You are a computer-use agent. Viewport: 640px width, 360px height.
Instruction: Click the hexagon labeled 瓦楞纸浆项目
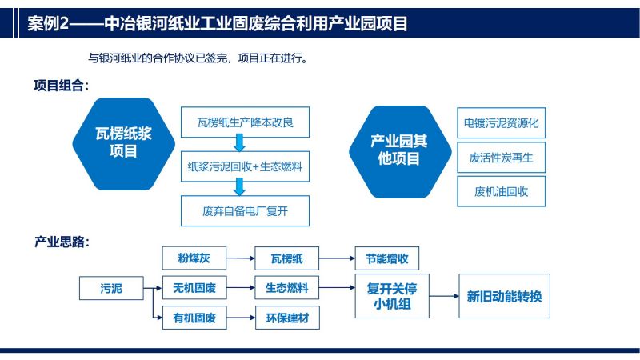tap(124, 144)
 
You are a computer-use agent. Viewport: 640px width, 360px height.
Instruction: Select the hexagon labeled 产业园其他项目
tap(400, 152)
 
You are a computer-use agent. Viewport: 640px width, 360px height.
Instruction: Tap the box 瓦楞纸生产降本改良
tap(245, 122)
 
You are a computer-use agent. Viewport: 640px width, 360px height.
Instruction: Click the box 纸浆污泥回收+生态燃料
tap(245, 166)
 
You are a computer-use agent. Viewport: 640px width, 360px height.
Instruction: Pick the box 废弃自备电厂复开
tap(245, 210)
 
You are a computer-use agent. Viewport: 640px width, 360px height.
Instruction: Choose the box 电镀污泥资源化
tap(502, 123)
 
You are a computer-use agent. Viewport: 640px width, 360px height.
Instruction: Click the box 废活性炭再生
tap(502, 158)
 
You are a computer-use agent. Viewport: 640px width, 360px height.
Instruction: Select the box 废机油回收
tap(502, 191)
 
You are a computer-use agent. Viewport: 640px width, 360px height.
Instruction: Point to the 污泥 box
tap(111, 288)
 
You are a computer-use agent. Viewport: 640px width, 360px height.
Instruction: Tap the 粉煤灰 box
tap(194, 258)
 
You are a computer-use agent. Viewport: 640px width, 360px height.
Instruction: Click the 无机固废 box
tap(194, 288)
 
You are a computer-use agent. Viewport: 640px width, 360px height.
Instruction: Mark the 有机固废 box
tap(194, 318)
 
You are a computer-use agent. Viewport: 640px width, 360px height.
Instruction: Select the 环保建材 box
tap(287, 318)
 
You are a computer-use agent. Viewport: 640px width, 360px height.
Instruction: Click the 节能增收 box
tap(387, 258)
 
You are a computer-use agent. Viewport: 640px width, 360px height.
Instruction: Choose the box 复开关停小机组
tap(392, 296)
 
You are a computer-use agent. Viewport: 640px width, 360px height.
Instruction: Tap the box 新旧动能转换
tap(505, 296)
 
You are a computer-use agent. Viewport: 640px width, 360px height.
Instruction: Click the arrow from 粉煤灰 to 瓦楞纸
tap(241, 258)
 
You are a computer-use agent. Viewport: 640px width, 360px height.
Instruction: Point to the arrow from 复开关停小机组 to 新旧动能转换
tap(444, 296)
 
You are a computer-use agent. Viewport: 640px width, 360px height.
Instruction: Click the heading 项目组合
tap(62, 86)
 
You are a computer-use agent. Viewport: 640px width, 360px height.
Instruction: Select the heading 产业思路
tap(62, 242)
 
